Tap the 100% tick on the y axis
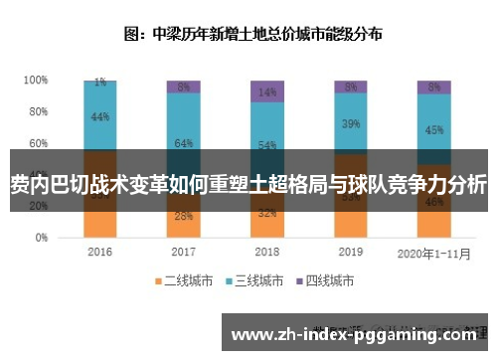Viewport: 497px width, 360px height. click(x=36, y=80)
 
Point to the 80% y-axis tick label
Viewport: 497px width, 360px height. click(x=38, y=111)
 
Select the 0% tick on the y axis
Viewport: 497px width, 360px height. click(x=41, y=239)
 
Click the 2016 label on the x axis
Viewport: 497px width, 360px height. click(x=100, y=252)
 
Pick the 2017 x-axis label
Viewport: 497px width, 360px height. click(x=183, y=252)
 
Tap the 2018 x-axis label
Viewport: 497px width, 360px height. click(x=266, y=252)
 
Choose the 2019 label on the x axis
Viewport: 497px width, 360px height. click(x=351, y=252)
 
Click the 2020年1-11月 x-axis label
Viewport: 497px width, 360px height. click(x=433, y=252)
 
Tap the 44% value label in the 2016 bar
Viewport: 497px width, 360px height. click(x=100, y=116)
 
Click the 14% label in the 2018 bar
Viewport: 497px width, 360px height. click(x=266, y=91)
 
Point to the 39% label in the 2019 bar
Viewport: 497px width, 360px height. click(x=351, y=124)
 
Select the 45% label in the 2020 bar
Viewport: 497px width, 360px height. click(x=433, y=129)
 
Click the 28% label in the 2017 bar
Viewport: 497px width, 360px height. click(x=183, y=216)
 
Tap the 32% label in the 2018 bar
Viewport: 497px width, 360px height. click(x=266, y=213)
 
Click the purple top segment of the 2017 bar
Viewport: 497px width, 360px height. click(x=183, y=87)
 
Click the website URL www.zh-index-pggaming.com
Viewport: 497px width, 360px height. click(x=358, y=335)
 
